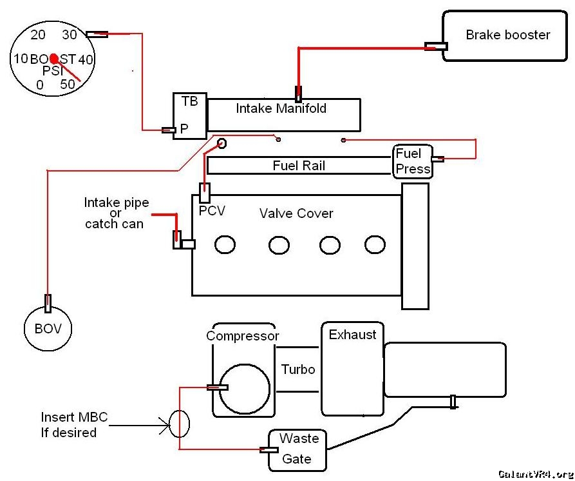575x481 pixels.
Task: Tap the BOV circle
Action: click(x=48, y=329)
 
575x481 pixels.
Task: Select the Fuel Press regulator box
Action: click(x=413, y=161)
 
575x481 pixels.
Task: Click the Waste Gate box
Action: click(x=298, y=449)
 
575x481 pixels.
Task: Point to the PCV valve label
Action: click(x=212, y=210)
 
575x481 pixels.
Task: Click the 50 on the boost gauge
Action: click(x=67, y=84)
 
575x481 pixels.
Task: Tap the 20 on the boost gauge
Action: click(x=38, y=35)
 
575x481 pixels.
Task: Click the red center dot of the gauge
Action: click(x=54, y=58)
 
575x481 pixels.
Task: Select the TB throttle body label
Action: click(x=189, y=101)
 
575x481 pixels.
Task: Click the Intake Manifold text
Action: click(x=281, y=108)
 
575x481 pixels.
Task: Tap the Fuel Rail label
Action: click(x=299, y=166)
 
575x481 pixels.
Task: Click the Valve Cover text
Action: click(x=296, y=213)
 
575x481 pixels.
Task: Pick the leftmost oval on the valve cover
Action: click(x=225, y=245)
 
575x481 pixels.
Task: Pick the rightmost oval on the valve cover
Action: click(x=375, y=244)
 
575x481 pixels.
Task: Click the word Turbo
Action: click(x=298, y=369)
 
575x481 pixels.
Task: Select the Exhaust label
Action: click(x=352, y=335)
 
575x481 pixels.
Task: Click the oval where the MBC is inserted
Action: click(x=180, y=424)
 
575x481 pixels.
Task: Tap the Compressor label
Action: click(x=243, y=336)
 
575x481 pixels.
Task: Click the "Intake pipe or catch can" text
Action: click(x=117, y=213)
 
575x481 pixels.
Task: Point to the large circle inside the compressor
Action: click(x=244, y=389)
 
